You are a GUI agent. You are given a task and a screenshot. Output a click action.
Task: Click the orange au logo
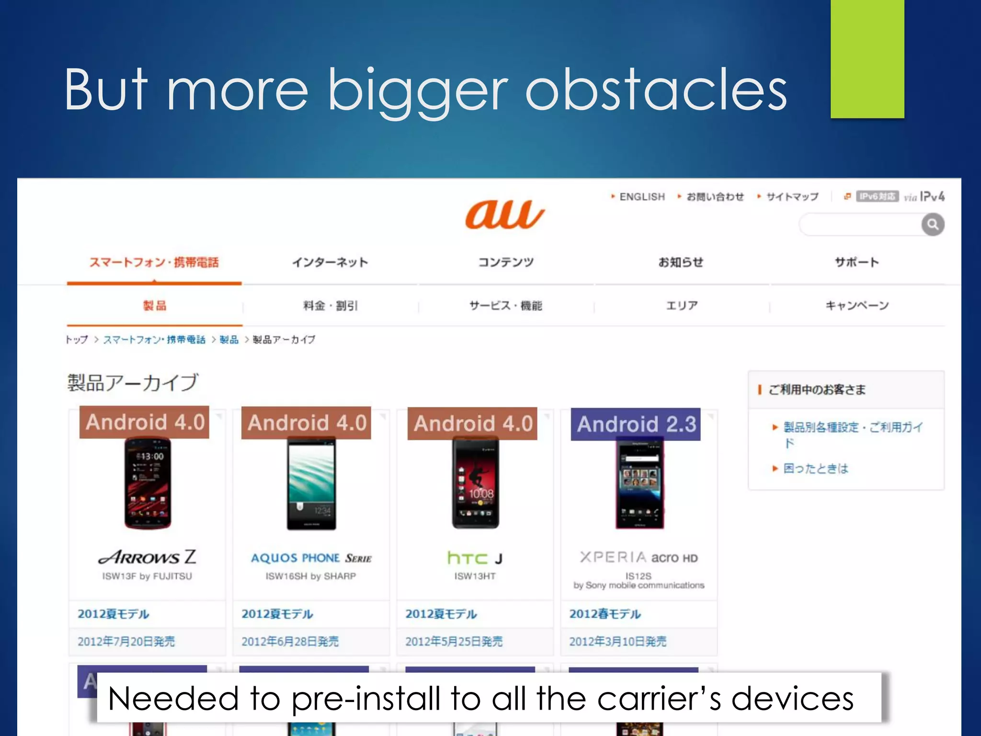click(505, 214)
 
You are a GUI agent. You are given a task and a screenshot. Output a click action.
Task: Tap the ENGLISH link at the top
click(642, 196)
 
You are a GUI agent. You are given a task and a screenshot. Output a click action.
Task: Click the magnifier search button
click(932, 224)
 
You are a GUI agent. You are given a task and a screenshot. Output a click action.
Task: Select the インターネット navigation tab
click(330, 262)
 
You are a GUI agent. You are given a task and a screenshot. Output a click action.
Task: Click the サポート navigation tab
click(856, 262)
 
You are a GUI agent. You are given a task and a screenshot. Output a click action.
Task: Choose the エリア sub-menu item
click(682, 305)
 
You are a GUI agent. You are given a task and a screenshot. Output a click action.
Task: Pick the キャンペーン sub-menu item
click(856, 305)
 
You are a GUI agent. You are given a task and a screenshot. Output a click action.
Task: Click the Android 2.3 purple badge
click(636, 425)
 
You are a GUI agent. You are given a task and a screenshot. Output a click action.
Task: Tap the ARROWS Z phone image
click(148, 483)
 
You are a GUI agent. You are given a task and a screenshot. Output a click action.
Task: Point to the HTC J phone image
click(475, 483)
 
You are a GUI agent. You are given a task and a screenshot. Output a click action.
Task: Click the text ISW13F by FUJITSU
click(147, 576)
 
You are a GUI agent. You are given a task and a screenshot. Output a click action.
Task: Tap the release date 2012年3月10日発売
click(617, 641)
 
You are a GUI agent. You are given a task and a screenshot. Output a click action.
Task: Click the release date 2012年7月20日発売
click(126, 641)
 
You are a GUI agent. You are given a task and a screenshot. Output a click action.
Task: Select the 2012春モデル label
click(605, 614)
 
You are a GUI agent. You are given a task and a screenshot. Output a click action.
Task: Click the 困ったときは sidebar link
click(815, 468)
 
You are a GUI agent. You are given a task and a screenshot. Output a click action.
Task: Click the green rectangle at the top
click(867, 58)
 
